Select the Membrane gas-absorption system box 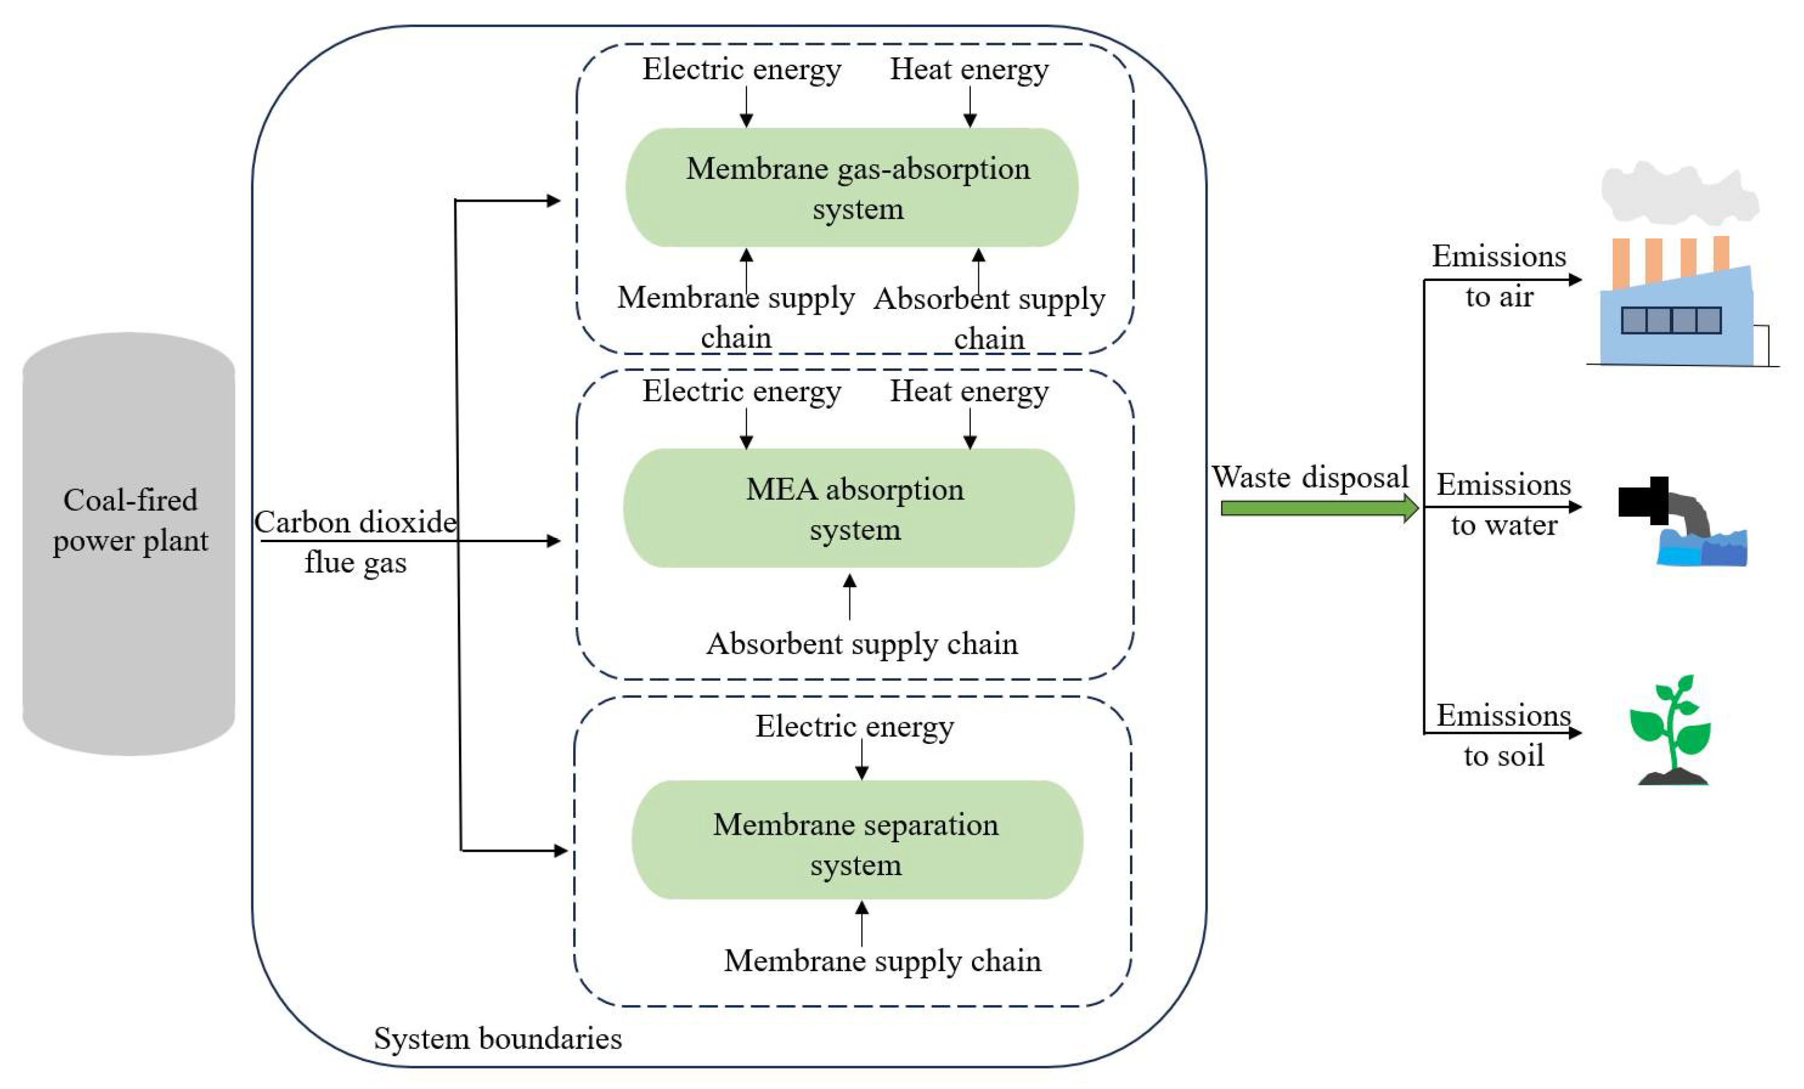point(851,188)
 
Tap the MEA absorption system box point(850,508)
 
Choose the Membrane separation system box point(857,840)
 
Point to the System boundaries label point(498,1038)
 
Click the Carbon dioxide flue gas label point(355,542)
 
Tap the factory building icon point(1677,322)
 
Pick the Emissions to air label point(1498,276)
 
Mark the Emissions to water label point(1504,504)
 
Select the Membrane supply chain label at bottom point(882,961)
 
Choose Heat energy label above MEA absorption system point(968,392)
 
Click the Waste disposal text point(1310,477)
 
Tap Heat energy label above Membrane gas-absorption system point(968,69)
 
